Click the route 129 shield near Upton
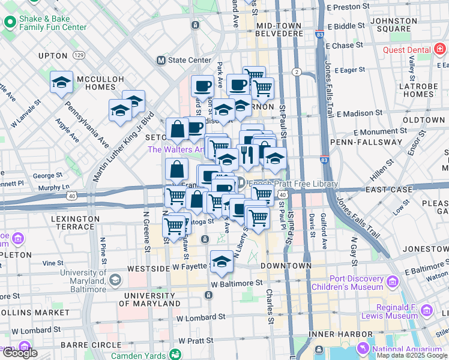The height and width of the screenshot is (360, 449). pyautogui.click(x=79, y=55)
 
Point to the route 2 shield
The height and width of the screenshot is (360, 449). pyautogui.click(x=296, y=72)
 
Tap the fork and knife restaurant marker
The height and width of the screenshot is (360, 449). pyautogui.click(x=247, y=154)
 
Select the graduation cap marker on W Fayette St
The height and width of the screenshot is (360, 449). pyautogui.click(x=221, y=261)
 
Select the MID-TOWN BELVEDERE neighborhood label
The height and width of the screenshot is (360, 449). pyautogui.click(x=279, y=30)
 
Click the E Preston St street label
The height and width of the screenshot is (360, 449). pyautogui.click(x=348, y=7)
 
